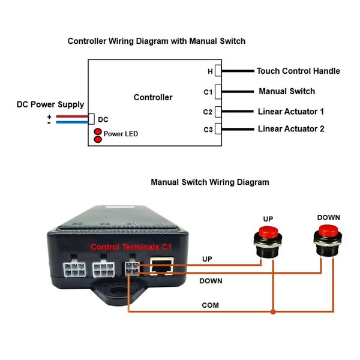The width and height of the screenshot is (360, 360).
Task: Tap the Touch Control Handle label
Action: coord(298,71)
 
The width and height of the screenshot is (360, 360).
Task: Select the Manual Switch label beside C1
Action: coord(287,91)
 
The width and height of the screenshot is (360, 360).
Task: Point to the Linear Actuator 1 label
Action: coord(291,112)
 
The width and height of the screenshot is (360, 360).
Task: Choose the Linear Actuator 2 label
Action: coord(291,129)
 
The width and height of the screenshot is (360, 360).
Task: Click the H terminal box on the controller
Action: coord(218,70)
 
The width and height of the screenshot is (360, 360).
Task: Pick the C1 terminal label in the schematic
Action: coord(208,92)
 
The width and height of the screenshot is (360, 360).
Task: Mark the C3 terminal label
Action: coord(208,130)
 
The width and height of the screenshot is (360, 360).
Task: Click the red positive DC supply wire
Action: coord(72,116)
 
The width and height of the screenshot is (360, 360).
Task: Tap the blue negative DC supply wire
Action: coord(72,122)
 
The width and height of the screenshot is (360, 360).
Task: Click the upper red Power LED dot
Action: coord(98,132)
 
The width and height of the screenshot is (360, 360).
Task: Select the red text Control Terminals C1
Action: coord(131,247)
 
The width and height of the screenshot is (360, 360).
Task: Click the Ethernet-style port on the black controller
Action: coord(162,266)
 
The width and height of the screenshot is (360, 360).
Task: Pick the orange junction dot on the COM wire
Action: coord(273,311)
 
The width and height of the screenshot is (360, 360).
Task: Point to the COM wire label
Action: coord(211,305)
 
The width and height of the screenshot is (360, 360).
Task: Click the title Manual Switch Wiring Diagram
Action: coord(210,182)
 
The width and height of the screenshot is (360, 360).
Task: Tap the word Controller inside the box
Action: coord(153,97)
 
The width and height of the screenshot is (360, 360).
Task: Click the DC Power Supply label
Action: coord(50,104)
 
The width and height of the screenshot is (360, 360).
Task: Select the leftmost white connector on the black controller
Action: coord(74,269)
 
